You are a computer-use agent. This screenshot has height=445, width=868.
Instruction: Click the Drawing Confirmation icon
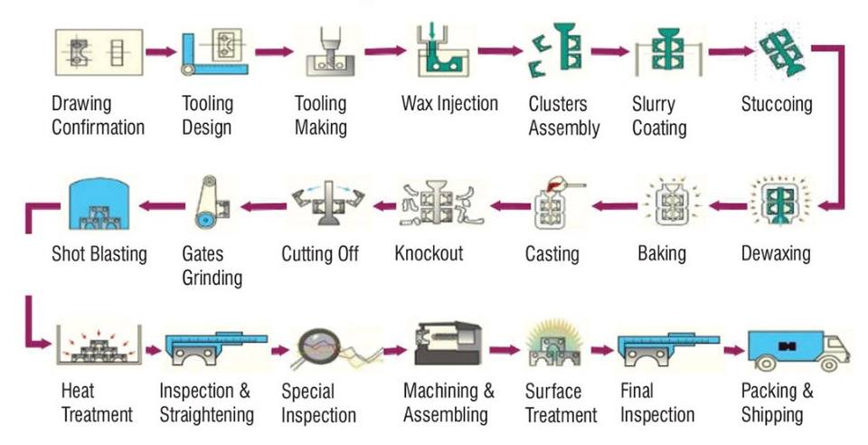point(98,51)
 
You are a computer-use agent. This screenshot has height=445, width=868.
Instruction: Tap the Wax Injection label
point(449,103)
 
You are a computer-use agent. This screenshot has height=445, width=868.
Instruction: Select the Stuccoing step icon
point(778,52)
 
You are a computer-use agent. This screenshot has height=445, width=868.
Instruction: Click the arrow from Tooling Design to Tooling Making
point(275,52)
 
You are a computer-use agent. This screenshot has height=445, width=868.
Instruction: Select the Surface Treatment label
point(561,403)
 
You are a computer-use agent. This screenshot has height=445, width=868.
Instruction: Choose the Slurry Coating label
point(659,116)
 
